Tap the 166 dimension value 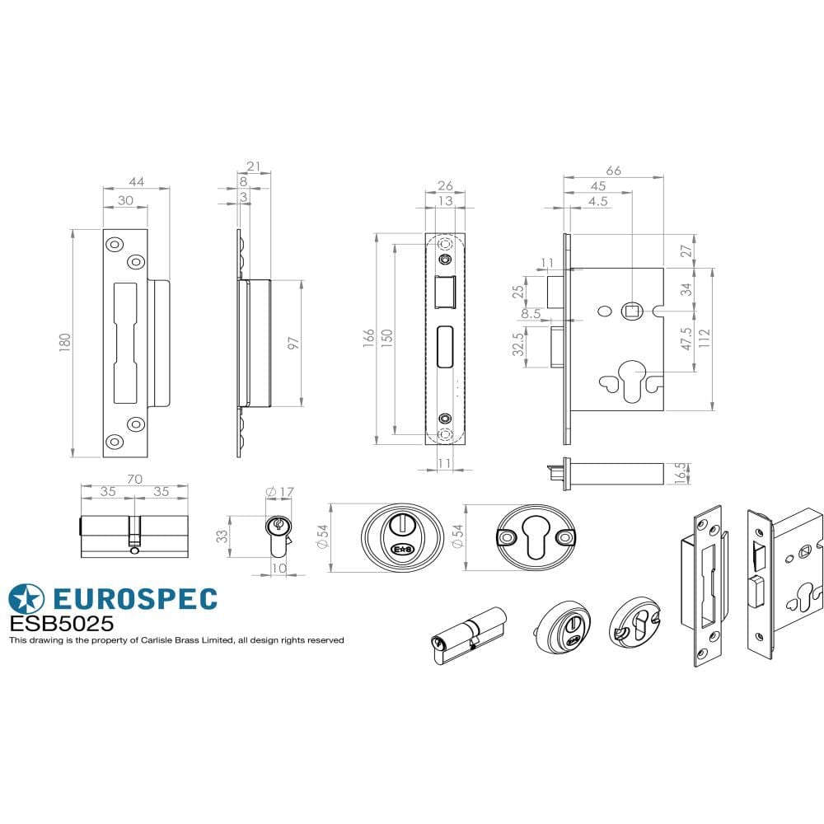367,339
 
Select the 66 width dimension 613,171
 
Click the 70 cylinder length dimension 135,479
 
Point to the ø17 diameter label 280,493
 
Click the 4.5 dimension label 599,200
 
